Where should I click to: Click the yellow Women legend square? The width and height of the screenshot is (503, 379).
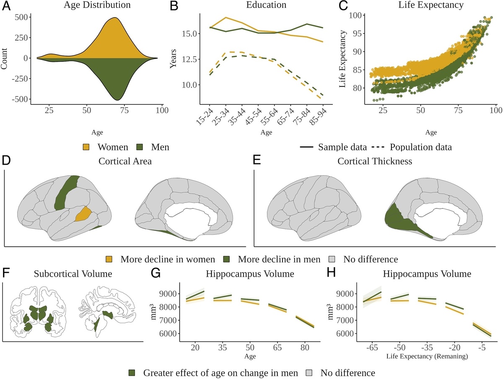tap(86, 147)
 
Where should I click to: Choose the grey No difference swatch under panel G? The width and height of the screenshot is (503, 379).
tap(309, 372)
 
